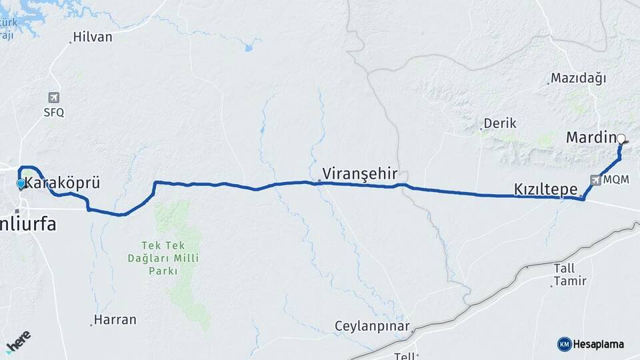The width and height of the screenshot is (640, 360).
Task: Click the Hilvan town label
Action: pyautogui.click(x=93, y=37)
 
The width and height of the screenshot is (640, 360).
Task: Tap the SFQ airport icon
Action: pyautogui.click(x=54, y=98)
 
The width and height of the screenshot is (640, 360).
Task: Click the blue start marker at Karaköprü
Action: pyautogui.click(x=21, y=183)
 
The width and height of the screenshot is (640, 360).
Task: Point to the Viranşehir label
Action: pyautogui.click(x=359, y=174)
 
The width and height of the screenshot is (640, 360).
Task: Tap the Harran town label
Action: pyautogui.click(x=115, y=320)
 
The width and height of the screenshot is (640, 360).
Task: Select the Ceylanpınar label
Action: pyautogui.click(x=372, y=327)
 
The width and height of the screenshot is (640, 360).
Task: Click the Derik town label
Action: pyautogui.click(x=500, y=123)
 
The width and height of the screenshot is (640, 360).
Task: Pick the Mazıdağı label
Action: pyautogui.click(x=579, y=79)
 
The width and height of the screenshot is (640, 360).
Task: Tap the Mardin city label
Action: pyautogui.click(x=589, y=138)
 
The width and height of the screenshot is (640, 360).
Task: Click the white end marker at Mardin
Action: pyautogui.click(x=621, y=139)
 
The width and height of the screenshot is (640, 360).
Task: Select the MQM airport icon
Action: pyautogui.click(x=595, y=180)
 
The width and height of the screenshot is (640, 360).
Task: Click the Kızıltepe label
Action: pyautogui.click(x=545, y=189)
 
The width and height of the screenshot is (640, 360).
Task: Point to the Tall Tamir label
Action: pyautogui.click(x=570, y=275)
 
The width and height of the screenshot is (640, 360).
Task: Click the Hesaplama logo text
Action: pyautogui.click(x=598, y=344)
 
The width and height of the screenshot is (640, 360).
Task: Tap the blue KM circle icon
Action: pyautogui.click(x=564, y=344)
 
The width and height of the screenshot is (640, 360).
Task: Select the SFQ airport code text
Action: pyautogui.click(x=54, y=113)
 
